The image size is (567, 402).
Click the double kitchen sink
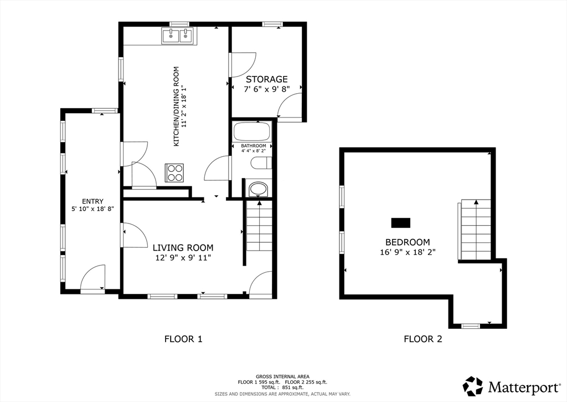click(179, 36)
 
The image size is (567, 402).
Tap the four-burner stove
click(174, 172)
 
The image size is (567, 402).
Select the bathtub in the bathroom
click(252, 132)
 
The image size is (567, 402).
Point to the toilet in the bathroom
click(261, 162)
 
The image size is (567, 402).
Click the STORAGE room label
click(267, 79)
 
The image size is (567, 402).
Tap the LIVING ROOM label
click(183, 248)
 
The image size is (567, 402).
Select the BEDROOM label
click(408, 242)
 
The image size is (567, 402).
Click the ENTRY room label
click(92, 201)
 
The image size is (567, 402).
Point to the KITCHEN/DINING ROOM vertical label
click(177, 106)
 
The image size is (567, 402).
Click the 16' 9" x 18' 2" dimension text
click(408, 252)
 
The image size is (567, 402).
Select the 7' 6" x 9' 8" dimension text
click(267, 89)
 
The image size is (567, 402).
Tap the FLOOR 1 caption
click(183, 339)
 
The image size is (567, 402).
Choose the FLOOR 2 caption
click(423, 339)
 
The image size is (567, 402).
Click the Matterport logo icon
click(473, 386)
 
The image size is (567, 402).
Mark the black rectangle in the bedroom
click(401, 223)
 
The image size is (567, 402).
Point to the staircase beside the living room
click(259, 225)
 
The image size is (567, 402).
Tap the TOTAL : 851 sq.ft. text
click(282, 387)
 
